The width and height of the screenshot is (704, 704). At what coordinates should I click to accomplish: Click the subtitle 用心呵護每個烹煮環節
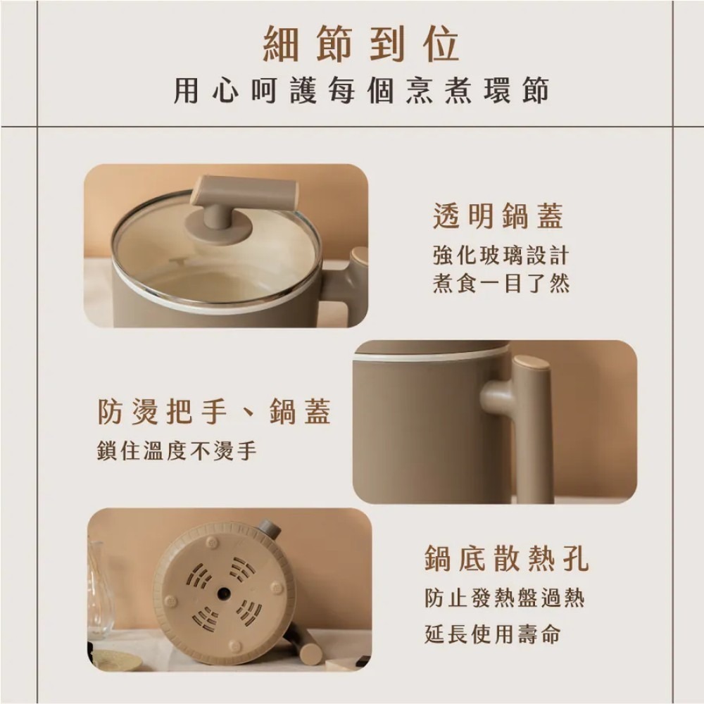(x=361, y=92)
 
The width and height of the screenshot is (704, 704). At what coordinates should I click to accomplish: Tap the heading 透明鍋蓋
(x=498, y=217)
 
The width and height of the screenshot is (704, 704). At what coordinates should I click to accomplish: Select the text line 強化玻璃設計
(x=501, y=255)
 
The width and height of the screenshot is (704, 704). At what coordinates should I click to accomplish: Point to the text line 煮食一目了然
(x=501, y=284)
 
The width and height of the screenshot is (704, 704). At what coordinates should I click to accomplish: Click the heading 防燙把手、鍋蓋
(x=214, y=413)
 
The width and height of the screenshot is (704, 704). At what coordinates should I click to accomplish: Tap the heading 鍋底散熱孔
(x=506, y=560)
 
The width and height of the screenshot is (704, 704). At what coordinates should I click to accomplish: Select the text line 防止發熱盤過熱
(x=504, y=599)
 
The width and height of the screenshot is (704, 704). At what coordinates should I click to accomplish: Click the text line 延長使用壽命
(x=492, y=634)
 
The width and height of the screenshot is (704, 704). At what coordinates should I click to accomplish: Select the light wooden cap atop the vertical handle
(x=532, y=363)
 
